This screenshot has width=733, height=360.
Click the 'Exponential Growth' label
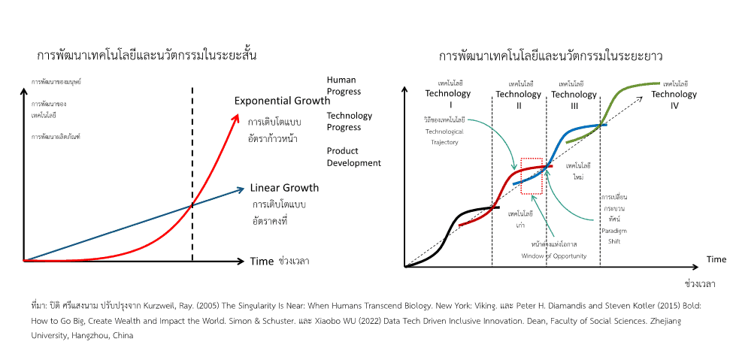[282, 101]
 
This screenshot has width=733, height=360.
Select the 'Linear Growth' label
[284, 188]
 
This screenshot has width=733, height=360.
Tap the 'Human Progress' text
[344, 86]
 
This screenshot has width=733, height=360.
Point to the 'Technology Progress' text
[349, 121]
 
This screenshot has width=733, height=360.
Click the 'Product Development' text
[353, 157]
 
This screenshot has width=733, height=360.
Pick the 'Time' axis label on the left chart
[262, 262]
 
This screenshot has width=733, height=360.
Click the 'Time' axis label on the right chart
[716, 259]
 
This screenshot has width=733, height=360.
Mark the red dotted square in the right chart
[535, 176]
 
